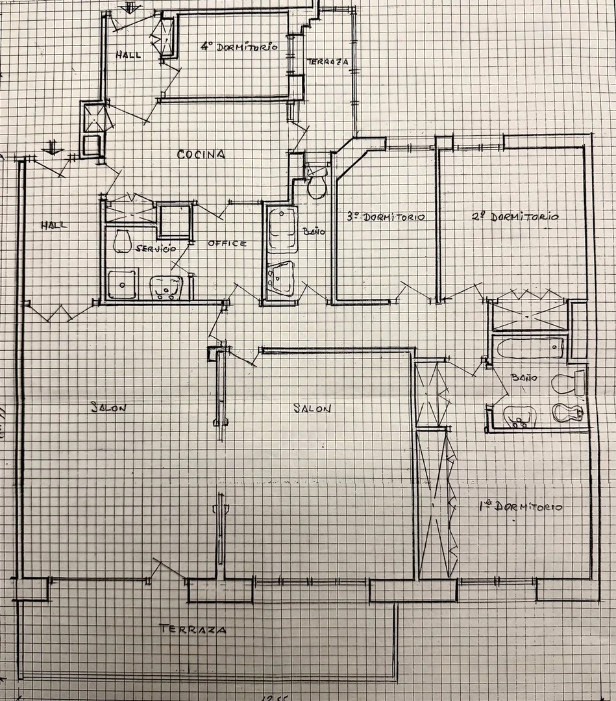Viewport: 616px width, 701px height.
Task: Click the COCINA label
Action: click(x=201, y=155)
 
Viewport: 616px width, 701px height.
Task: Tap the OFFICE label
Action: click(x=227, y=244)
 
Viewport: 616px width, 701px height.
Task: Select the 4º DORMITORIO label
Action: click(x=239, y=47)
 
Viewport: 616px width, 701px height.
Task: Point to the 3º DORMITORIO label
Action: click(x=386, y=217)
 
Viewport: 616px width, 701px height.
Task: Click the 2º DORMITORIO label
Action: click(x=515, y=217)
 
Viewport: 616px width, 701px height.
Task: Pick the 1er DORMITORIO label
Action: click(x=521, y=507)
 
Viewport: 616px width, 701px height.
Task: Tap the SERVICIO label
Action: click(x=155, y=249)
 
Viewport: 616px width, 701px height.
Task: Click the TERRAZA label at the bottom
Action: click(x=193, y=629)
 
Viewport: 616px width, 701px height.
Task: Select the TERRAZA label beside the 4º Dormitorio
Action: click(x=328, y=62)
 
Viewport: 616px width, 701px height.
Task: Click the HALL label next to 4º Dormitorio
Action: click(x=129, y=55)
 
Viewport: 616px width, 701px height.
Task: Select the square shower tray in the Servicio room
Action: click(x=123, y=284)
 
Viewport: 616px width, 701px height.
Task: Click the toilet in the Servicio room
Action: click(x=121, y=242)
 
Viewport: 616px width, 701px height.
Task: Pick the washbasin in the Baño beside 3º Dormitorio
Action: click(x=280, y=278)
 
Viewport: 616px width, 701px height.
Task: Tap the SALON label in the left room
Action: click(x=108, y=408)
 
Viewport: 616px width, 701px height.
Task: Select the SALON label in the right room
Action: click(x=312, y=408)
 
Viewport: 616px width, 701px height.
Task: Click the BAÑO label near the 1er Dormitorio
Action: click(x=524, y=377)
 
